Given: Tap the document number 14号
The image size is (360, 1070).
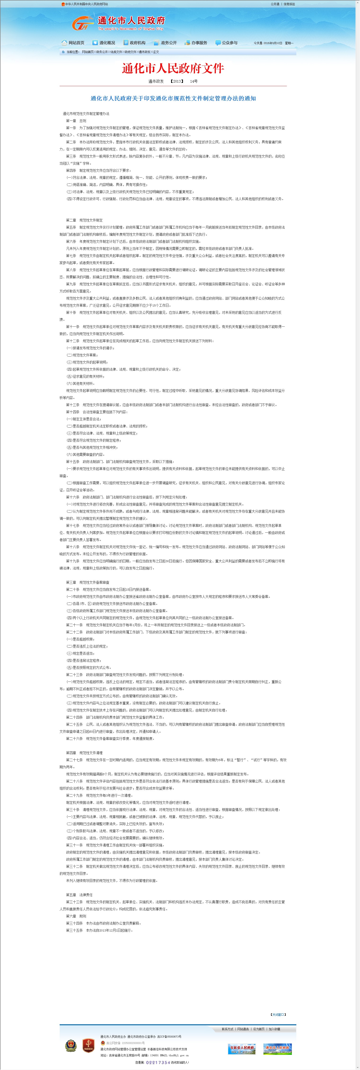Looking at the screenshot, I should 194,81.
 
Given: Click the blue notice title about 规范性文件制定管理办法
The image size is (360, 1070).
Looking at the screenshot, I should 173,98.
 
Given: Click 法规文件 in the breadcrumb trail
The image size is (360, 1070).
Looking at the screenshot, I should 116,52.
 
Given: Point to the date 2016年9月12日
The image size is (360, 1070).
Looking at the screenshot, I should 273,43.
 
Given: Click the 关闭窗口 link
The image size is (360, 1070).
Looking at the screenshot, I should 278,1014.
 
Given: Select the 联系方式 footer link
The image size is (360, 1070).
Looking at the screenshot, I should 227,1029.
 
